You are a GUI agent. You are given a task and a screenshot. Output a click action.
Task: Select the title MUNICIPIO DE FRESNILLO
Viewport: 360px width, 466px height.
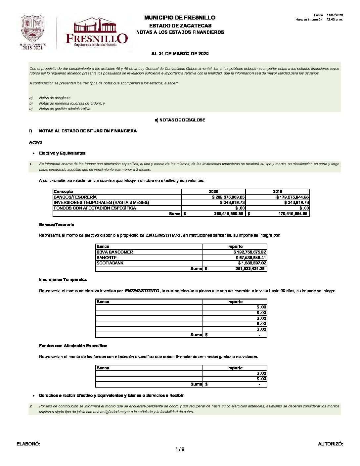(180, 18)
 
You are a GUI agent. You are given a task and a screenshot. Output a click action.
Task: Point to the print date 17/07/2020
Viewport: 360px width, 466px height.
(335, 15)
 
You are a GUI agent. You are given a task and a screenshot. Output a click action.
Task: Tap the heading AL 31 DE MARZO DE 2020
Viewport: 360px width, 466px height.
(180, 54)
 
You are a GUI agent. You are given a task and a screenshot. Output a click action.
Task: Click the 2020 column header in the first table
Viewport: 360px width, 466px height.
(213, 192)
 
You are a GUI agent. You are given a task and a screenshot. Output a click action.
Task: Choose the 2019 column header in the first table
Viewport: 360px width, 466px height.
(278, 192)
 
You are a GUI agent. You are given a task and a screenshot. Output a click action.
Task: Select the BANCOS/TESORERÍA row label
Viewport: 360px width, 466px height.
(75, 197)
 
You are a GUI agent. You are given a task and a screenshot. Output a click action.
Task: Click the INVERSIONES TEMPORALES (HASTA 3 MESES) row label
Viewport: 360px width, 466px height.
(101, 203)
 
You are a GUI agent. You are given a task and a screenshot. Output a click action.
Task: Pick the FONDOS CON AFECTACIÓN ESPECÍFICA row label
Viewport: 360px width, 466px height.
(95, 208)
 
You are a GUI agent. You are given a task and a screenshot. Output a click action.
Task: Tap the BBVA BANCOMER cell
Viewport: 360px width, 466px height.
(114, 252)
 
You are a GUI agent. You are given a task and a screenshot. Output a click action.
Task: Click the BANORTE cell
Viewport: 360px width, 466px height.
(107, 258)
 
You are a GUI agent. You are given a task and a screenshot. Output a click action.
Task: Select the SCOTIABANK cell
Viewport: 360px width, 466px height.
(110, 263)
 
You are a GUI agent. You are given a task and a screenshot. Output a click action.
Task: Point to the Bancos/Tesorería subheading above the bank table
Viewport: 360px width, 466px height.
(56, 225)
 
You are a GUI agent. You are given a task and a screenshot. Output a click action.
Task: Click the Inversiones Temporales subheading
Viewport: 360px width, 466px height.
(63, 280)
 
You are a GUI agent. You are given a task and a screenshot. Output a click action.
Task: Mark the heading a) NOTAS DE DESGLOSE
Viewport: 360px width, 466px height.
(180, 120)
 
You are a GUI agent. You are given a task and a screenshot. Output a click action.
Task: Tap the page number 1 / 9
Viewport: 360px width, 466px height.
(180, 449)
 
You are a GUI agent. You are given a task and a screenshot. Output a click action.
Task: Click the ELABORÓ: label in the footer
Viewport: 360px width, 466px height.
(28, 444)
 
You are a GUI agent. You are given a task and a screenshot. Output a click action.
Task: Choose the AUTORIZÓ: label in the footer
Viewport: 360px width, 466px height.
(330, 444)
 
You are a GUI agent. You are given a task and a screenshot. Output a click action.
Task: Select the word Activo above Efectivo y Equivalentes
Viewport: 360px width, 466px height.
(36, 142)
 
